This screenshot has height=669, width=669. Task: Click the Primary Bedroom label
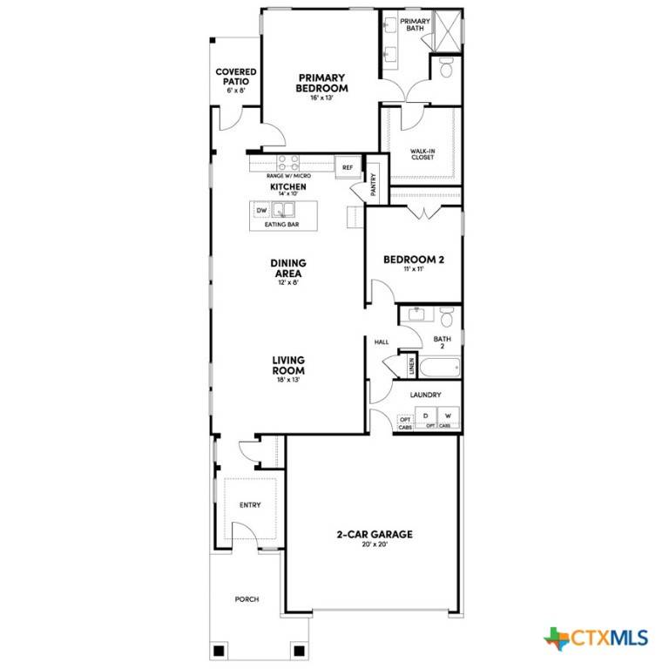(321, 83)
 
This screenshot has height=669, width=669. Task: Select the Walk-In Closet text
(423, 154)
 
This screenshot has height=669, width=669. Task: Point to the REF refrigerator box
(347, 167)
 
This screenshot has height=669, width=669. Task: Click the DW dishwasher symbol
(261, 211)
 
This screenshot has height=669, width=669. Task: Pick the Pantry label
(373, 186)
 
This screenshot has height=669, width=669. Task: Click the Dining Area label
(287, 268)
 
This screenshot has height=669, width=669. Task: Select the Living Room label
(287, 366)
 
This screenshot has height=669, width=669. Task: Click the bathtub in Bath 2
(439, 366)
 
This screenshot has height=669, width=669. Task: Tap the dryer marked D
(426, 416)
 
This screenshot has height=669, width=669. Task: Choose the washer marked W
(448, 416)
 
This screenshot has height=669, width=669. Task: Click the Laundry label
(425, 395)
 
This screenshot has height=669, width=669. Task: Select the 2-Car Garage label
(375, 534)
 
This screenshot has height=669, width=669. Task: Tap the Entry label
(250, 505)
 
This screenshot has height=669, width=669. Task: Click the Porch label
(247, 599)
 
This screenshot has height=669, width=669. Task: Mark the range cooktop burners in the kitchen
(288, 161)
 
